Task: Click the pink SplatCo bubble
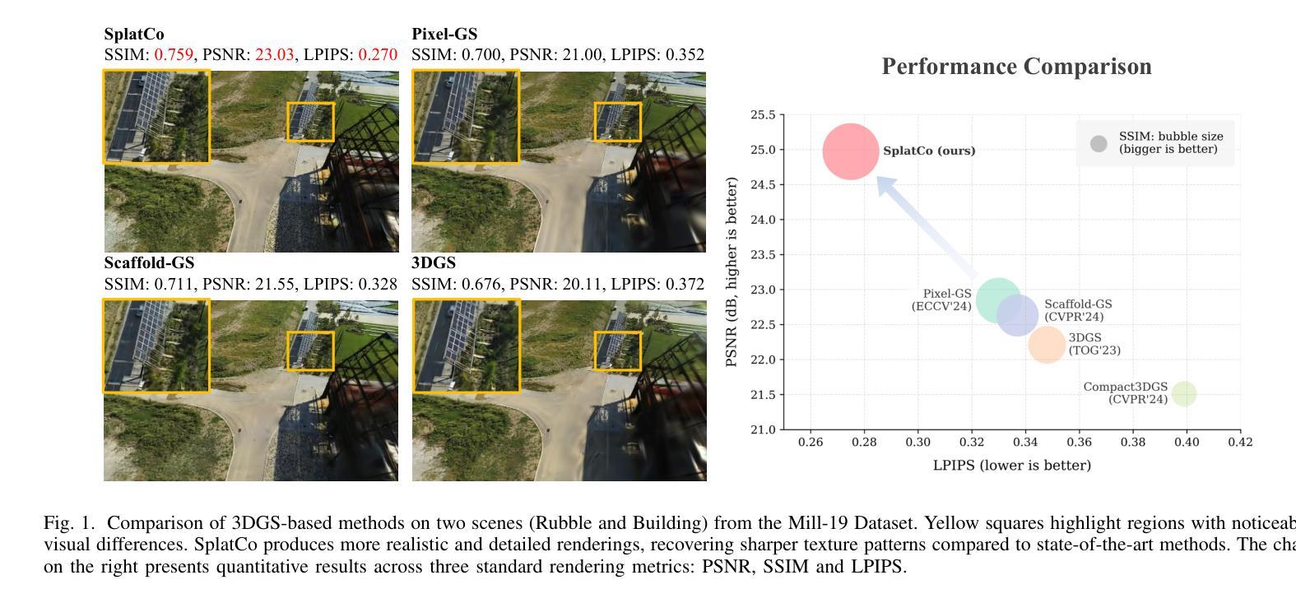(x=851, y=151)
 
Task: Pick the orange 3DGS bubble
(x=1047, y=345)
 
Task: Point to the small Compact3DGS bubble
(x=1183, y=394)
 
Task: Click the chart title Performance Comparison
(x=1016, y=67)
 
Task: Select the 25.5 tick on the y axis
(x=763, y=115)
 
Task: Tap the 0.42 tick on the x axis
(x=1240, y=443)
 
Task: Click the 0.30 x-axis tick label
(x=917, y=443)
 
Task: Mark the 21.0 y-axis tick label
(x=763, y=429)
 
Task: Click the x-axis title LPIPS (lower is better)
(x=1011, y=466)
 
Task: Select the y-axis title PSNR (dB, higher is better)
(x=732, y=271)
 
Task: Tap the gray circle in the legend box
(x=1099, y=144)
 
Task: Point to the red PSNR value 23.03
(x=274, y=55)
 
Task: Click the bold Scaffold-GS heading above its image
(x=149, y=263)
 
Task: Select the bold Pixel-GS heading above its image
(x=444, y=35)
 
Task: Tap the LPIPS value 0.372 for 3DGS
(x=685, y=284)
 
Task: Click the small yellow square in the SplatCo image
(x=310, y=122)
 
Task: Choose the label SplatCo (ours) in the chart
(x=929, y=151)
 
